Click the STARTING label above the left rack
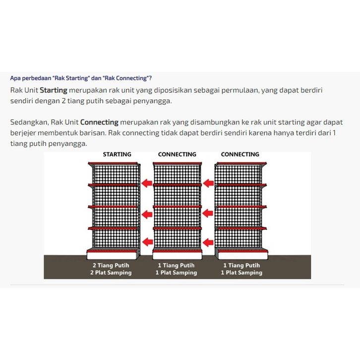coord(117,154)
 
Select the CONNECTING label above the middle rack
coord(177,154)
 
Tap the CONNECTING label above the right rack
coord(240,154)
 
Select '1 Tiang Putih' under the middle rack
coord(176,266)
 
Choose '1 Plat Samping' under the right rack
coord(241,273)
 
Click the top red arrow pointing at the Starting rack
coord(147,183)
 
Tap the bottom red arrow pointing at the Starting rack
coord(147,241)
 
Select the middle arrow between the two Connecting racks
coord(209,214)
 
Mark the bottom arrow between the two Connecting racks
coord(209,242)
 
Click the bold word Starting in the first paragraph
coord(53,90)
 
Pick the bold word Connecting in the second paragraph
coord(99,122)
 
